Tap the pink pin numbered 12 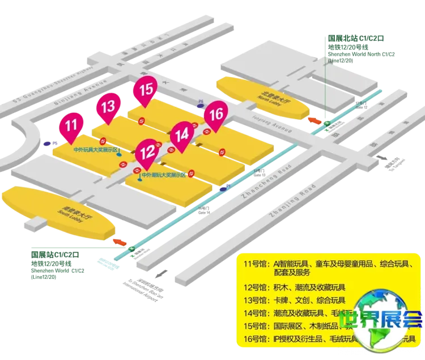coord(147,151)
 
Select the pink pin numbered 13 coord(108,106)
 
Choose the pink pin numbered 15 coord(146,90)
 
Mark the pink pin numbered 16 coord(215,113)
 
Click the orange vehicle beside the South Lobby coord(120,241)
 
